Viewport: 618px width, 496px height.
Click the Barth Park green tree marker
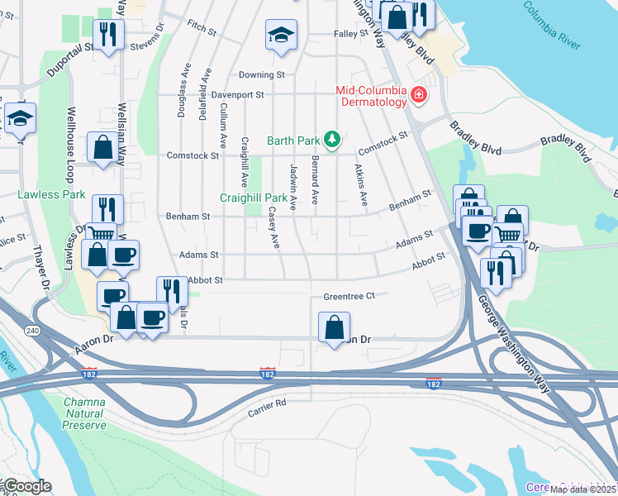click(x=332, y=139)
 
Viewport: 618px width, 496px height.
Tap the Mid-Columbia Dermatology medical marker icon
click(x=419, y=96)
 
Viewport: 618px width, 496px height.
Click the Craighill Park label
click(x=254, y=198)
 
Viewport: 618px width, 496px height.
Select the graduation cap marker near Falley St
click(x=281, y=36)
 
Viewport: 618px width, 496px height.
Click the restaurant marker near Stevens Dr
click(x=108, y=35)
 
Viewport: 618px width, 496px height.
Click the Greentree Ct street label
click(x=349, y=295)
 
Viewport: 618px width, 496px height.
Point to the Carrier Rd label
click(x=268, y=403)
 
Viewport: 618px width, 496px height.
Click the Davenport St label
click(x=237, y=95)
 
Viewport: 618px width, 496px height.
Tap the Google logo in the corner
click(x=26, y=486)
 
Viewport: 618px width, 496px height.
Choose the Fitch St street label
click(x=202, y=26)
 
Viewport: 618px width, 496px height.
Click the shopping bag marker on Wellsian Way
click(x=103, y=149)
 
